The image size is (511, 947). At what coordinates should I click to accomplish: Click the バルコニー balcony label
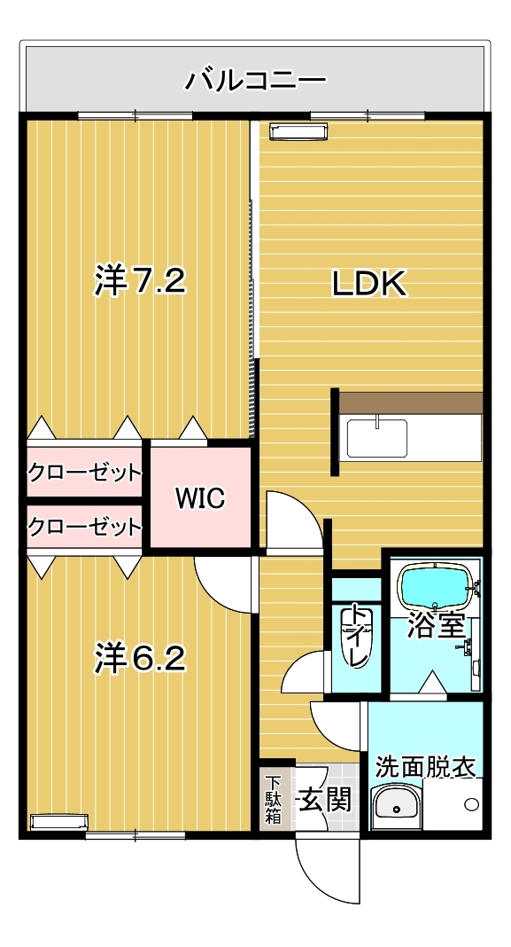pyautogui.click(x=255, y=81)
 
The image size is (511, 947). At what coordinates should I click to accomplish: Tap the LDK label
pyautogui.click(x=369, y=284)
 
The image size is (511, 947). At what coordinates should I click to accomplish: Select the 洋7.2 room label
pyautogui.click(x=139, y=280)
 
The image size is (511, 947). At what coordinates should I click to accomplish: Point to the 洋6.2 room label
pyautogui.click(x=139, y=658)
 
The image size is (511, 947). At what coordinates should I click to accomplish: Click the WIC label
pyautogui.click(x=200, y=498)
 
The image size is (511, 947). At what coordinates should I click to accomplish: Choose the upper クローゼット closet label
pyautogui.click(x=84, y=472)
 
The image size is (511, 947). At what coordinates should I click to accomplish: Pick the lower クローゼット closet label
pyautogui.click(x=84, y=527)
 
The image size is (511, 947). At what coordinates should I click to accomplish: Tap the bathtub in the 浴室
pyautogui.click(x=434, y=587)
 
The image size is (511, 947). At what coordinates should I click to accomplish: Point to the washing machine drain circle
pyautogui.click(x=472, y=804)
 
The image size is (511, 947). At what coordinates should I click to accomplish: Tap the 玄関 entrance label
pyautogui.click(x=325, y=801)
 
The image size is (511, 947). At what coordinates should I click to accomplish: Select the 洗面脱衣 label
pyautogui.click(x=425, y=766)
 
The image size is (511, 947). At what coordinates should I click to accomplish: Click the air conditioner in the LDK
pyautogui.click(x=298, y=131)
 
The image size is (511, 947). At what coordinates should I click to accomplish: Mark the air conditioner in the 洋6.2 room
pyautogui.click(x=59, y=822)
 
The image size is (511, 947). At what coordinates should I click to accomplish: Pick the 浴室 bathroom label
pyautogui.click(x=436, y=625)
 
